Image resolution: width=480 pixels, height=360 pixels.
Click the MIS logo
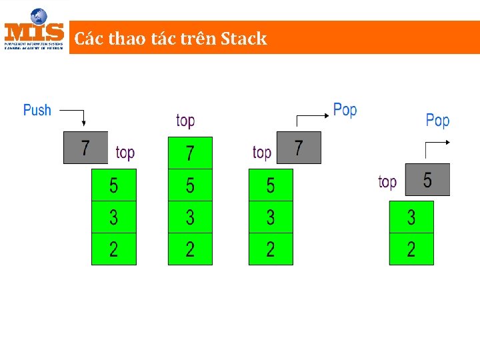[35, 29]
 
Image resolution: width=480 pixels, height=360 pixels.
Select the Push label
[37, 110]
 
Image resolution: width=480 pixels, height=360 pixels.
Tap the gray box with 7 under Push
[85, 147]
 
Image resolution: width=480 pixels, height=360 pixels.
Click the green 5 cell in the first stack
[113, 185]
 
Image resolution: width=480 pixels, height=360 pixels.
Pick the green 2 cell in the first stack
[113, 249]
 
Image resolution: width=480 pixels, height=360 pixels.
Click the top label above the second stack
[185, 121]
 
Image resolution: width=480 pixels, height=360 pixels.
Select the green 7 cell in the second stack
[190, 153]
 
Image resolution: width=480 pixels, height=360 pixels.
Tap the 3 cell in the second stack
[190, 217]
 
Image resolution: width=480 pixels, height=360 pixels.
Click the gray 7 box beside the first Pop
[298, 147]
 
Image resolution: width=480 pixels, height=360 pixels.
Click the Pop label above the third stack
[345, 109]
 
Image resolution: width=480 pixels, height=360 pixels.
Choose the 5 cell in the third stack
[271, 185]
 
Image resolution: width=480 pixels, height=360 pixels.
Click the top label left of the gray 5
[387, 181]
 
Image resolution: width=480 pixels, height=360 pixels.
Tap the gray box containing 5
[427, 179]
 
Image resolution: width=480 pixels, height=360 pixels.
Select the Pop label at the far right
[437, 121]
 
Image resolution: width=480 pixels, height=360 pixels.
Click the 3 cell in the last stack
[411, 217]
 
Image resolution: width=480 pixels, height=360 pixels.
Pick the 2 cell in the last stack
[411, 249]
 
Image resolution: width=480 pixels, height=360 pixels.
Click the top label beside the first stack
[125, 153]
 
